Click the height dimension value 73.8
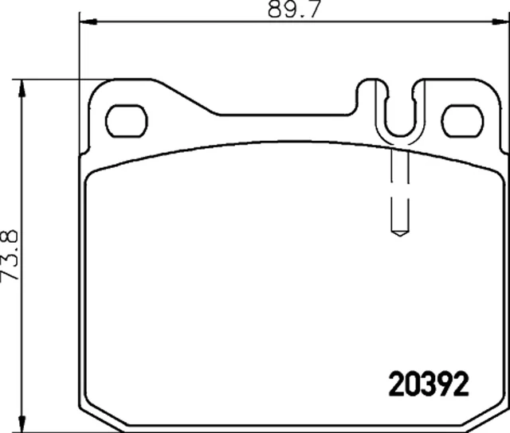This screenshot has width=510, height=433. [x=10, y=255]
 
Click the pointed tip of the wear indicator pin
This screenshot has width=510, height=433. [x=399, y=233]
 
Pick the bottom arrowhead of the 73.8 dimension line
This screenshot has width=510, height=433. [x=22, y=426]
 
